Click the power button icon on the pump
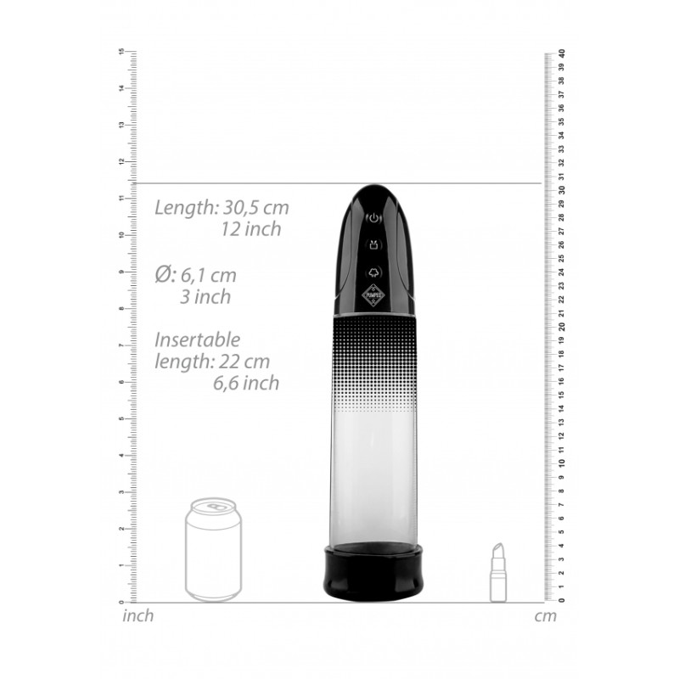pos(373,219)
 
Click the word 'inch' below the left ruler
pos(138,616)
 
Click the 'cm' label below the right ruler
pos(546,616)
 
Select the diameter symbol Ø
pos(165,275)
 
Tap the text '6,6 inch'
pos(246,383)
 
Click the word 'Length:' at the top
pos(186,207)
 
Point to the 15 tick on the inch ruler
pos(122,52)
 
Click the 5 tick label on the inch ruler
pos(122,418)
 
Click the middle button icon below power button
pos(373,246)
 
